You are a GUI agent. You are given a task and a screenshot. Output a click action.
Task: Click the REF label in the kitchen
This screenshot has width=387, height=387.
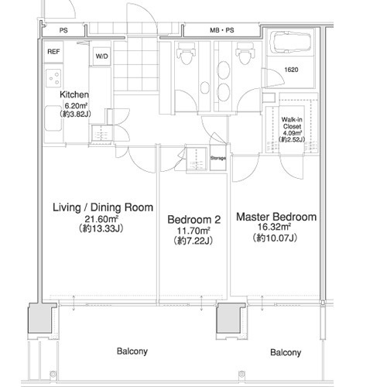53,52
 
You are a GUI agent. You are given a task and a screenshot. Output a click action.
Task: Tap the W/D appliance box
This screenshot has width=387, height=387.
101,56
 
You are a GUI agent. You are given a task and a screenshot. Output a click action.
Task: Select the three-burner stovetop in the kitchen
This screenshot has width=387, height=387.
53,78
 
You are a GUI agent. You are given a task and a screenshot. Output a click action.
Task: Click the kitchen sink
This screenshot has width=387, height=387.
53,118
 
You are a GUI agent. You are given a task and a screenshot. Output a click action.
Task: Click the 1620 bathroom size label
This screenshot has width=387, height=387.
291,70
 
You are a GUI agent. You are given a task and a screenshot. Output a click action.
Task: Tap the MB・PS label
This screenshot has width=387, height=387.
222,30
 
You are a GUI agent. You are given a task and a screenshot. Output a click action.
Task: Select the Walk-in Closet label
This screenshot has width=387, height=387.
292,123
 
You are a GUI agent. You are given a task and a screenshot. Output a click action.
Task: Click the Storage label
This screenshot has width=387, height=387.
218,158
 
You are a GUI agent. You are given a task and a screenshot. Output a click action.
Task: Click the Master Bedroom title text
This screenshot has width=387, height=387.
276,217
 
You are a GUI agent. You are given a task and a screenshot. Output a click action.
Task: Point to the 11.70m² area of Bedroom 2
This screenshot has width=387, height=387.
193,230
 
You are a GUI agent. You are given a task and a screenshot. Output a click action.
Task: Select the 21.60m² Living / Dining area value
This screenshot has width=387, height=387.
101,219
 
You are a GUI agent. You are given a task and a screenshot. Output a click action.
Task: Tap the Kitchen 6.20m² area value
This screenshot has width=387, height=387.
75,105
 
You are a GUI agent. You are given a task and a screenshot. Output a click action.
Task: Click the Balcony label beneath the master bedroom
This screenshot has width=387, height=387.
286,352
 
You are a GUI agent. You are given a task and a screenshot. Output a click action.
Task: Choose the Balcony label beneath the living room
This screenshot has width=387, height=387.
132,351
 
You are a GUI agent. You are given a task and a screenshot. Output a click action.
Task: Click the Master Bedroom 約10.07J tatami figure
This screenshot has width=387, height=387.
275,238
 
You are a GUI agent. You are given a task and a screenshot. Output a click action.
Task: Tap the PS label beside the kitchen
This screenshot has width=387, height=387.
63,30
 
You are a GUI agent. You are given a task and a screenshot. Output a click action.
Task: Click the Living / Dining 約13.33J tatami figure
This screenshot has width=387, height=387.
101,228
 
